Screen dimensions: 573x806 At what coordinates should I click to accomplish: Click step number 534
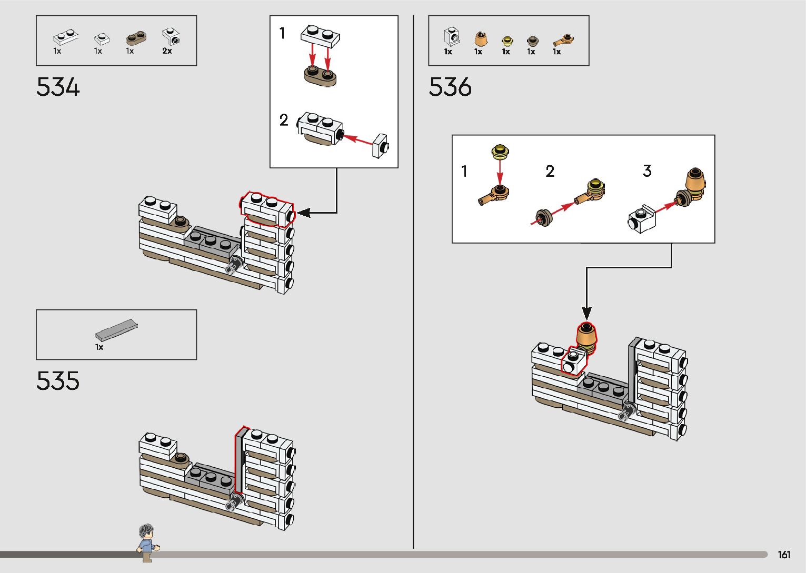[x=58, y=87]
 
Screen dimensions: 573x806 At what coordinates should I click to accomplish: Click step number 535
[x=58, y=381]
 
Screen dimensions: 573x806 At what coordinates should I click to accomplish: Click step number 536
[x=450, y=87]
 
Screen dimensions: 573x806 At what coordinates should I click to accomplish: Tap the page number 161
[x=784, y=555]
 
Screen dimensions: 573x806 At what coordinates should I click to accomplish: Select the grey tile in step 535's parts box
[x=116, y=329]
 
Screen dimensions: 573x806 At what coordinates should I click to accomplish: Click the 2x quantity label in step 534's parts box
[x=167, y=51]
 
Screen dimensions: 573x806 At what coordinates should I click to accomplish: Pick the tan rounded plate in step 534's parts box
[x=136, y=38]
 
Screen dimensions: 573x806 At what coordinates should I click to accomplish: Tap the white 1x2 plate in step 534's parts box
[x=66, y=37]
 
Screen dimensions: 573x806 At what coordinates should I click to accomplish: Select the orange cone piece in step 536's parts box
[x=480, y=39]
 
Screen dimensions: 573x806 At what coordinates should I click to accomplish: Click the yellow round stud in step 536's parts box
[x=506, y=41]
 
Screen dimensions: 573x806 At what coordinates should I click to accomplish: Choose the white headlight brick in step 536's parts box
[x=451, y=37]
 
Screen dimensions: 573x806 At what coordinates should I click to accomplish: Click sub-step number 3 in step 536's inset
[x=647, y=171]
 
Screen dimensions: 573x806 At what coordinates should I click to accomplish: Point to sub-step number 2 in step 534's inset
[x=284, y=120]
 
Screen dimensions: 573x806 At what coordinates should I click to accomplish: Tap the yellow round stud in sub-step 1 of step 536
[x=500, y=152]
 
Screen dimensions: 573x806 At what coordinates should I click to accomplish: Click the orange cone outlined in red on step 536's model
[x=586, y=335]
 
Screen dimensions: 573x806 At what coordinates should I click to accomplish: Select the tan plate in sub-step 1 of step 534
[x=320, y=76]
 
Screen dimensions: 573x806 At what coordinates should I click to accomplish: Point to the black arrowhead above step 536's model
[x=586, y=313]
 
